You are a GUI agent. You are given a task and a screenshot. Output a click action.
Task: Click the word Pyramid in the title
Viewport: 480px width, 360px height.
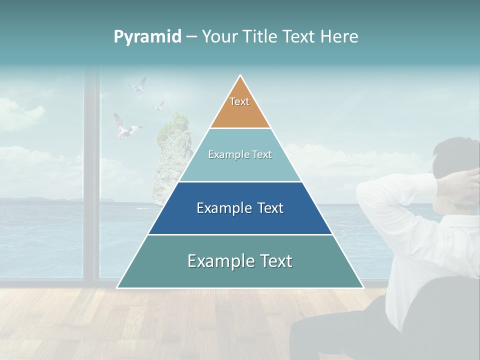(x=147, y=37)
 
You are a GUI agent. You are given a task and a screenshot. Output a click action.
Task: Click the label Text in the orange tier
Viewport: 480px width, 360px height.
(x=239, y=101)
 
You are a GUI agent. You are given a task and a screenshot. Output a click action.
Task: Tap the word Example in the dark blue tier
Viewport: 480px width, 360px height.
(x=220, y=208)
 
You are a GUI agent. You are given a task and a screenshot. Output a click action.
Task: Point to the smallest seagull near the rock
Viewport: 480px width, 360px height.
(x=158, y=106)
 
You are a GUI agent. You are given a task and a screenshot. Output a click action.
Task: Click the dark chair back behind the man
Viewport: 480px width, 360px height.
(x=440, y=310)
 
